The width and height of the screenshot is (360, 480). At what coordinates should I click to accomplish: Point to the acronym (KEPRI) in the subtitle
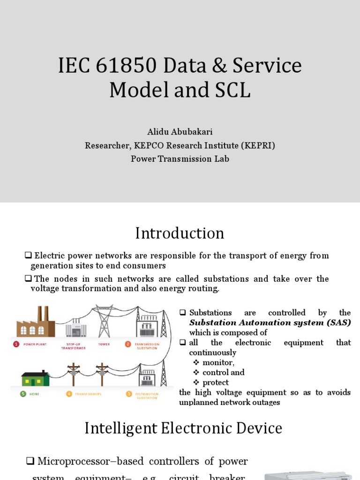pos(258,146)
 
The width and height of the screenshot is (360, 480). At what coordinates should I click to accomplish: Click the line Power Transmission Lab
pos(180,159)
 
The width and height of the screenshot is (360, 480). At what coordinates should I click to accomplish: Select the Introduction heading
pos(180,233)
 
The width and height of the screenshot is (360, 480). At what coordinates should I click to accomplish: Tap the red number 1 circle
pos(16,344)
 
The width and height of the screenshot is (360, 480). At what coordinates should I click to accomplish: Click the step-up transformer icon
pos(76,327)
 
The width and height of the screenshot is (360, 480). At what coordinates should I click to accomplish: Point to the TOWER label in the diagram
pos(104,344)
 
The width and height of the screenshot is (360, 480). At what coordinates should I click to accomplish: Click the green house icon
pos(35,378)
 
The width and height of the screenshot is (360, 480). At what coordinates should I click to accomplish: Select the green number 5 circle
pos(23,394)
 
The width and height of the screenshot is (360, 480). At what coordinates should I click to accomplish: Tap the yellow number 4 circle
pos(69,394)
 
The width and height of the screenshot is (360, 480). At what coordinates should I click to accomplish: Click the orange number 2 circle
pos(127,344)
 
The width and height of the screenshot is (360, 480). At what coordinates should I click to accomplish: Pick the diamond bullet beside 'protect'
pos(196,382)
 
